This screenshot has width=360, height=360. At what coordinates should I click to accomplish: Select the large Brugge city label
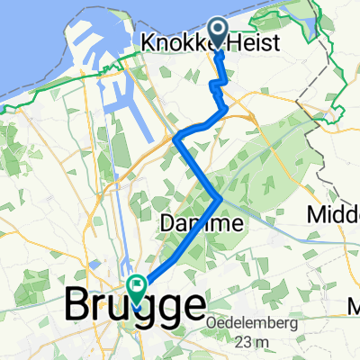[x=135, y=306]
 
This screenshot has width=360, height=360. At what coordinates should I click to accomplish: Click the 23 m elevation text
[x=254, y=342]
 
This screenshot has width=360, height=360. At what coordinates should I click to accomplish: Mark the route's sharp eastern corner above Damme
[x=221, y=196]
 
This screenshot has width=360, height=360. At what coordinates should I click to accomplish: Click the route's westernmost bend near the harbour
[x=175, y=138]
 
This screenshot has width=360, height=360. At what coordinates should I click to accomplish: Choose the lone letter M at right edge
[x=353, y=310]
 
